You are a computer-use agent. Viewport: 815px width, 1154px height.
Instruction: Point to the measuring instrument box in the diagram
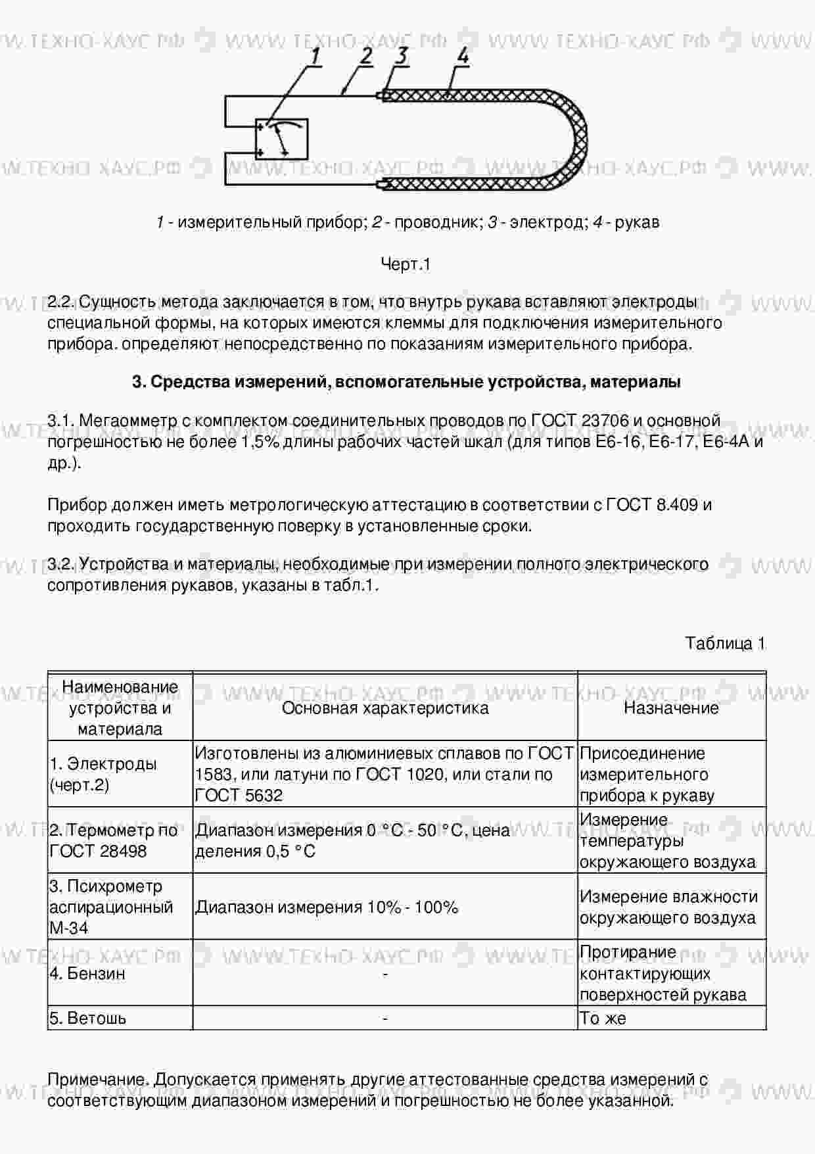(x=282, y=139)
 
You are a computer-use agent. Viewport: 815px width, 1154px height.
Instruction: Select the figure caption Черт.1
(x=406, y=264)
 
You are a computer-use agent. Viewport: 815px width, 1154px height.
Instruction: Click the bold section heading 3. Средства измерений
(x=406, y=382)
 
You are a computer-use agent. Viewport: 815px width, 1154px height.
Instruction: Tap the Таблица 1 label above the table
(x=725, y=643)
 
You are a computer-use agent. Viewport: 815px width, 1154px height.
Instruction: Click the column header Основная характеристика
(x=385, y=708)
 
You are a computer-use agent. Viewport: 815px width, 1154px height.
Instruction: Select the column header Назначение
(x=671, y=708)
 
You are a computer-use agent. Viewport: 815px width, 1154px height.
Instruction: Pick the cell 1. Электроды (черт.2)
(x=104, y=775)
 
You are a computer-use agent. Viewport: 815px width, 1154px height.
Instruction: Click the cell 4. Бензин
(x=87, y=973)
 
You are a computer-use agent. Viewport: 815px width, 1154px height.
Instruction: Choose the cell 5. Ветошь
(x=88, y=1019)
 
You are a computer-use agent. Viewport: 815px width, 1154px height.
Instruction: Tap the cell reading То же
(x=603, y=1019)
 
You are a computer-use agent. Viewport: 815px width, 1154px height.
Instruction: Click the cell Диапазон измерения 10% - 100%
(x=327, y=907)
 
